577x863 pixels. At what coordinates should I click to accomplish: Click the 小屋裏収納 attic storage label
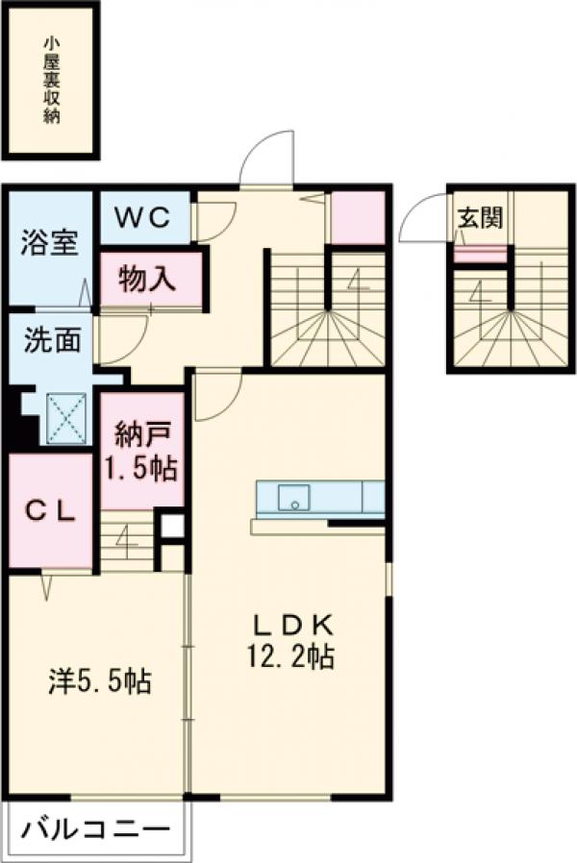tap(52, 81)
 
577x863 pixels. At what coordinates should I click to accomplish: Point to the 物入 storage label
tap(149, 280)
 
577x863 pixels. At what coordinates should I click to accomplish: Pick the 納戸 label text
tap(140, 435)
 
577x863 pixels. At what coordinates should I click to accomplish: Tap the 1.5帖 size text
tap(140, 469)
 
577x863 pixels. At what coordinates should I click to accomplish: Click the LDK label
tap(293, 626)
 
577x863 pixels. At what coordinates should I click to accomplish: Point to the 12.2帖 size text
tap(293, 659)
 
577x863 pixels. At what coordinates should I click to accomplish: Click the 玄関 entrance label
tap(479, 217)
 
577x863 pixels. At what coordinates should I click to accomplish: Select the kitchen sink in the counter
tap(294, 498)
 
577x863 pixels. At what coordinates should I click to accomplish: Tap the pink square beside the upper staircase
tap(357, 218)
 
